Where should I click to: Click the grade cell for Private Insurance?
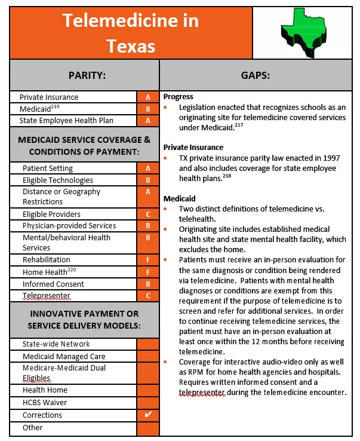(x=148, y=97)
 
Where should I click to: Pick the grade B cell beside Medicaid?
(x=148, y=109)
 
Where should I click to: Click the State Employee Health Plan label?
(x=66, y=121)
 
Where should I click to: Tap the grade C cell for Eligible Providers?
(x=148, y=215)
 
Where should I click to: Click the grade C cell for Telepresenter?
(x=148, y=296)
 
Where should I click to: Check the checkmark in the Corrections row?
(x=148, y=415)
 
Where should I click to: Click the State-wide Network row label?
(x=56, y=344)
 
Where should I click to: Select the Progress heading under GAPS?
(x=178, y=97)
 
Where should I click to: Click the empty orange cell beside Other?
(x=148, y=428)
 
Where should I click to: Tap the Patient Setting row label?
(x=48, y=169)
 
